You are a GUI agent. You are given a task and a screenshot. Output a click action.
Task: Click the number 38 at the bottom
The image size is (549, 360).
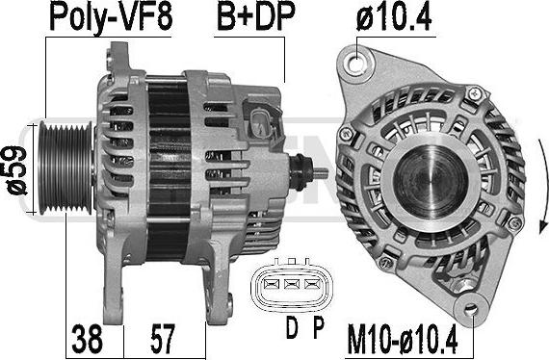coord(89,338)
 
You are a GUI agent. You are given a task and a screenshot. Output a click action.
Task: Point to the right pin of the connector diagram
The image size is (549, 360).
coord(310,283)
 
